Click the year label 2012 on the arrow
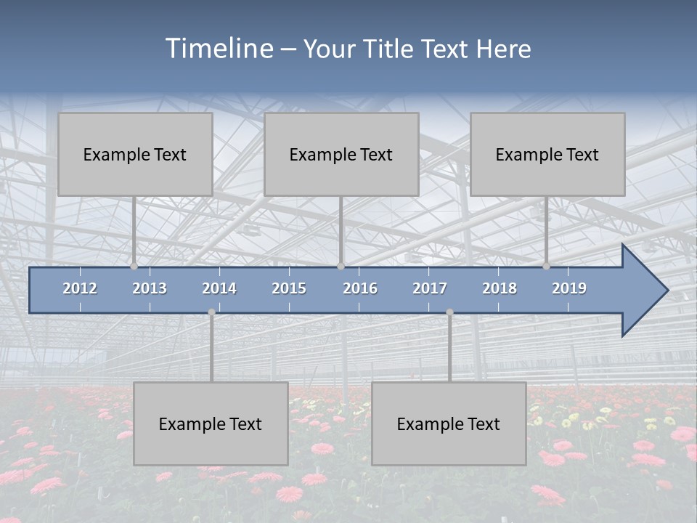(80, 288)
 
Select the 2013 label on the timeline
(150, 288)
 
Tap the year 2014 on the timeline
(219, 288)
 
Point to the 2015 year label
(289, 288)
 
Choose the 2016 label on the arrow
(360, 288)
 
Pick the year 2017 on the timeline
(430, 288)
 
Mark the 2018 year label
(500, 288)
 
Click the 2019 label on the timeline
(569, 288)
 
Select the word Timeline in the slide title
(218, 49)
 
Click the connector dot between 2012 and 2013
(134, 266)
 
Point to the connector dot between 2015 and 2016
(341, 266)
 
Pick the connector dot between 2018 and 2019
(547, 266)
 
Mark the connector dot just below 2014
(211, 312)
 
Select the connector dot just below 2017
(449, 312)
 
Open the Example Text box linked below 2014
(211, 423)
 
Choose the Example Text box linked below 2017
(449, 423)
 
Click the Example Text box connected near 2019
(547, 154)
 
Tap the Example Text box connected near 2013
(135, 154)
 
